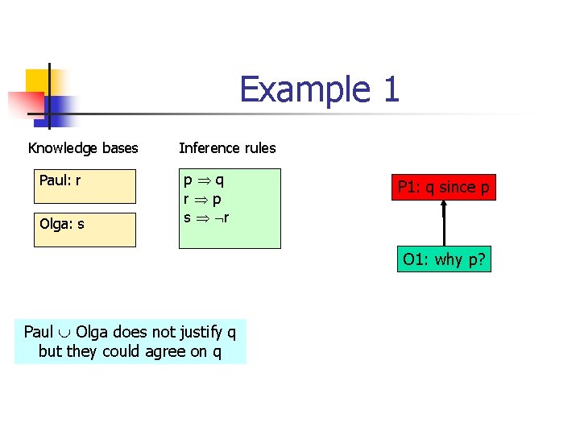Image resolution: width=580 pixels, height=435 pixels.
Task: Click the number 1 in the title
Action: pos(391,89)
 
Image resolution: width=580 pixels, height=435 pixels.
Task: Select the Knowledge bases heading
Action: pos(83,148)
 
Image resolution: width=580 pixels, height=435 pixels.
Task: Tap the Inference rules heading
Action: pos(227,148)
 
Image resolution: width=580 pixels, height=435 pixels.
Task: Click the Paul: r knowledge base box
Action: pos(85,186)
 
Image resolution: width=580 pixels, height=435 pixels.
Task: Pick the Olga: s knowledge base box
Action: pos(85,230)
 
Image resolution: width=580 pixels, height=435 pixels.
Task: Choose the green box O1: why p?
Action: pos(444,260)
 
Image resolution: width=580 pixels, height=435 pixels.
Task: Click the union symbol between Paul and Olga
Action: pos(64,333)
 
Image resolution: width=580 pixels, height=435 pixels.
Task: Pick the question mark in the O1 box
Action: pos(480,260)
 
